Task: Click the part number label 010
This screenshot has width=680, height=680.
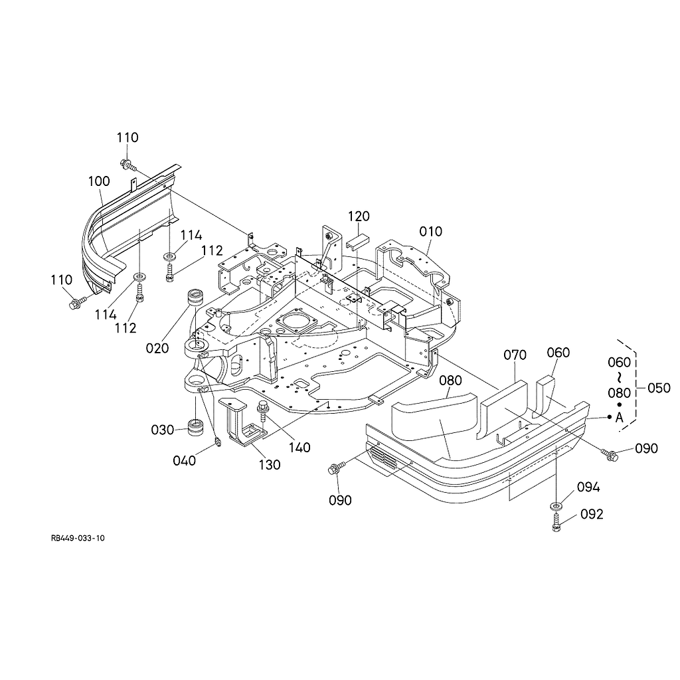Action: (430, 232)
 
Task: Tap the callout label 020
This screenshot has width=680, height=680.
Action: (157, 348)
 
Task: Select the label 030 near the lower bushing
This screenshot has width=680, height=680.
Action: (162, 430)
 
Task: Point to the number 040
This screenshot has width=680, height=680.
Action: (185, 461)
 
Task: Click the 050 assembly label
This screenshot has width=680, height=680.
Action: (659, 388)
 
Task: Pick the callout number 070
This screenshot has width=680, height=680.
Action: (515, 355)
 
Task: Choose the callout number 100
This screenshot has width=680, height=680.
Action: (99, 181)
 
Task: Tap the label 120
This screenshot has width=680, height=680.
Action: (359, 216)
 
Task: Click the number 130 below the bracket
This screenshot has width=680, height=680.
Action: (270, 465)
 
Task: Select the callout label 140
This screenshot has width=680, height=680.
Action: (299, 448)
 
